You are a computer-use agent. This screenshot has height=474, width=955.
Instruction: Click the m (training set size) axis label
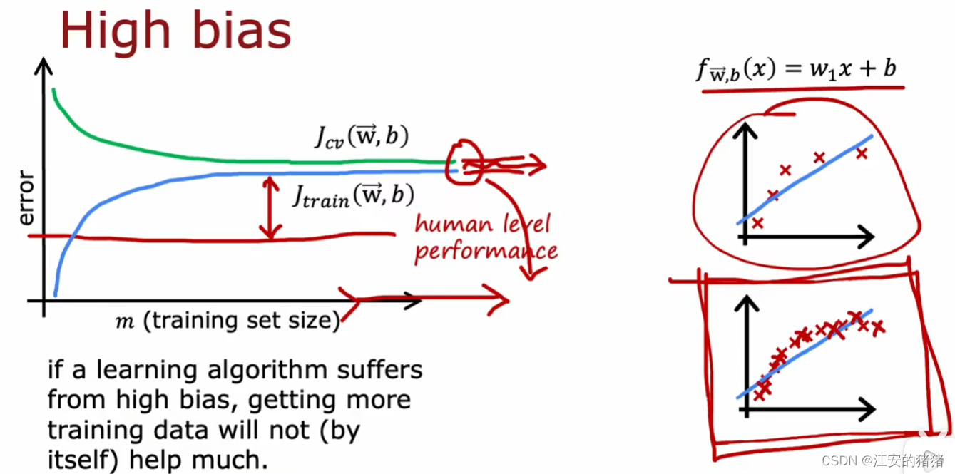tap(228, 321)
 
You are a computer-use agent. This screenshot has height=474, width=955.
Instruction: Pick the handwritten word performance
tap(486, 251)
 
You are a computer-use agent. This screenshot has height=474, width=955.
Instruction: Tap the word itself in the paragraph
tap(76, 460)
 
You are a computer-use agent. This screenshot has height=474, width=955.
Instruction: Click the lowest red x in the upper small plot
tap(757, 223)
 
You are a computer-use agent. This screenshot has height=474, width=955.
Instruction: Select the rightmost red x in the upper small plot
tap(862, 153)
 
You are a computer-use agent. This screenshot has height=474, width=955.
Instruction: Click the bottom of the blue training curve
tap(56, 292)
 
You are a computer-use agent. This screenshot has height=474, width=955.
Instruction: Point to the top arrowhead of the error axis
tap(44, 66)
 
